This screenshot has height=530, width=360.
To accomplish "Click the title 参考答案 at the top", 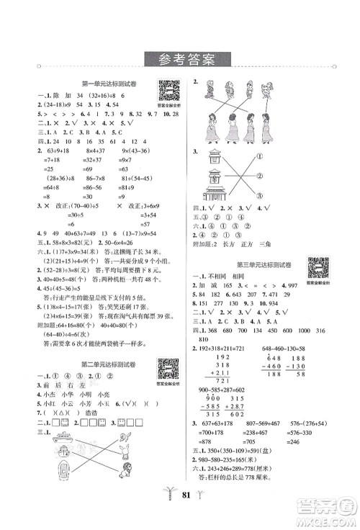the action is tap(179, 59).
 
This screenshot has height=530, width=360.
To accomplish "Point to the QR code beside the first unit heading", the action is tap(168, 91).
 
